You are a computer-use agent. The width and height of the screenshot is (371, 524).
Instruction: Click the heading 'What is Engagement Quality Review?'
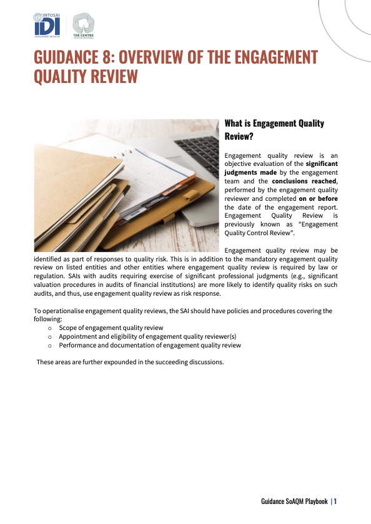[274, 129]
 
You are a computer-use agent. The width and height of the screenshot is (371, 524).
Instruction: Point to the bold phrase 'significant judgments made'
[281, 168]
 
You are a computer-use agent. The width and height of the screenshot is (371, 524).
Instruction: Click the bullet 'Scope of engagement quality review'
[111, 327]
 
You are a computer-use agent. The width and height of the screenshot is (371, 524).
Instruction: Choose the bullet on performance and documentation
[150, 345]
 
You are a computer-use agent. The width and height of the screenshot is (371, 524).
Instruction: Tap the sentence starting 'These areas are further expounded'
[130, 362]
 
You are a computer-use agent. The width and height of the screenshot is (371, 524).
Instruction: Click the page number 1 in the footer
[335, 501]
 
